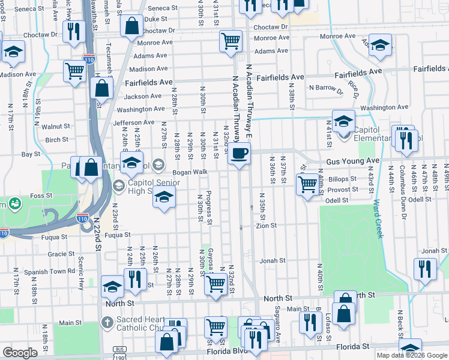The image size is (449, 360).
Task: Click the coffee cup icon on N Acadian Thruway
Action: pyautogui.click(x=239, y=154)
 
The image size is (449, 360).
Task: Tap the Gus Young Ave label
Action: pyautogui.click(x=353, y=161)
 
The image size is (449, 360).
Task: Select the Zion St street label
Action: pyautogui.click(x=266, y=226)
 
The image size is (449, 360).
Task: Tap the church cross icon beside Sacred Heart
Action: pyautogui.click(x=107, y=323)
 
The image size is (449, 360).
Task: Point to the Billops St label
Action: pyautogui.click(x=343, y=179)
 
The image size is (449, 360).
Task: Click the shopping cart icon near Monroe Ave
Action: pyautogui.click(x=231, y=41)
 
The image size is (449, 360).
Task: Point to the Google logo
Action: pyautogui.click(x=20, y=353)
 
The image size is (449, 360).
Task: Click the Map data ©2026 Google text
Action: pyautogui.click(x=411, y=355)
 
